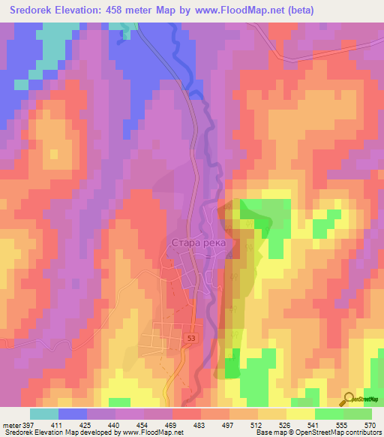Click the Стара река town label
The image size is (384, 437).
(199, 243)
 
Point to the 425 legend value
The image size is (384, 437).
(85, 425)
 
